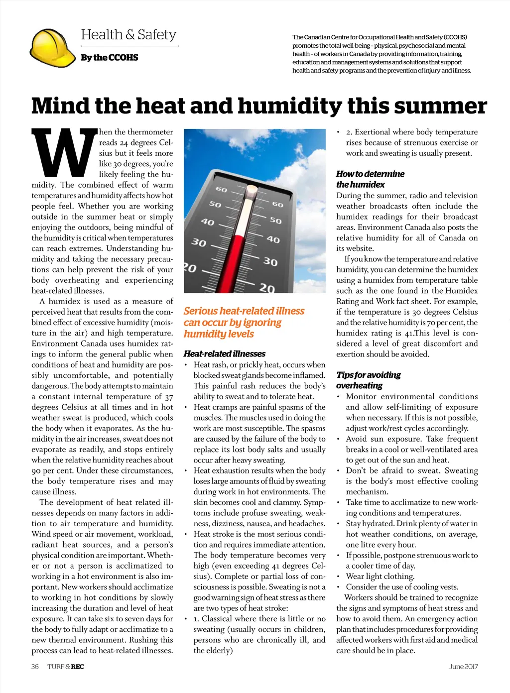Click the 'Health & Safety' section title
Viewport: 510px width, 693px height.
pyautogui.click(x=128, y=35)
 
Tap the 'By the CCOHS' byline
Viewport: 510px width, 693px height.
pyautogui.click(x=110, y=58)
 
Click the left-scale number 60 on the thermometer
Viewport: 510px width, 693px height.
pyautogui.click(x=221, y=190)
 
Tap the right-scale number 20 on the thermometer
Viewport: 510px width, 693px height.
pyautogui.click(x=267, y=288)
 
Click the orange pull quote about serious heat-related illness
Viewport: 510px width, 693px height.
pyautogui.click(x=244, y=322)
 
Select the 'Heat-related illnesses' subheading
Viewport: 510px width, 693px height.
pyautogui.click(x=224, y=353)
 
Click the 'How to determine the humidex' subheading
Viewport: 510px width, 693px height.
pyautogui.click(x=370, y=179)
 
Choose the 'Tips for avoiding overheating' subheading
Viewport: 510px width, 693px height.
pyautogui.click(x=368, y=380)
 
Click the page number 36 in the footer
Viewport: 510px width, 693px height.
pyautogui.click(x=35, y=667)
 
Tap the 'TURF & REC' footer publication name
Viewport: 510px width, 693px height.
pyautogui.click(x=66, y=667)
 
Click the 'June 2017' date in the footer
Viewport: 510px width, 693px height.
pyautogui.click(x=463, y=667)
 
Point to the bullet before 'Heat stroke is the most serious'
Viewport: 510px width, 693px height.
pyautogui.click(x=186, y=534)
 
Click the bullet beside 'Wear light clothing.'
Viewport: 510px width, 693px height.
pyautogui.click(x=338, y=577)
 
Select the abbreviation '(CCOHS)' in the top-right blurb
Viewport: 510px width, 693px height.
pyautogui.click(x=455, y=37)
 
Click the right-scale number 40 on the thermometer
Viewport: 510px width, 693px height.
pyautogui.click(x=273, y=239)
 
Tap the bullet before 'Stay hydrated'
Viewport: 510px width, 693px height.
pyautogui.click(x=338, y=524)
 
